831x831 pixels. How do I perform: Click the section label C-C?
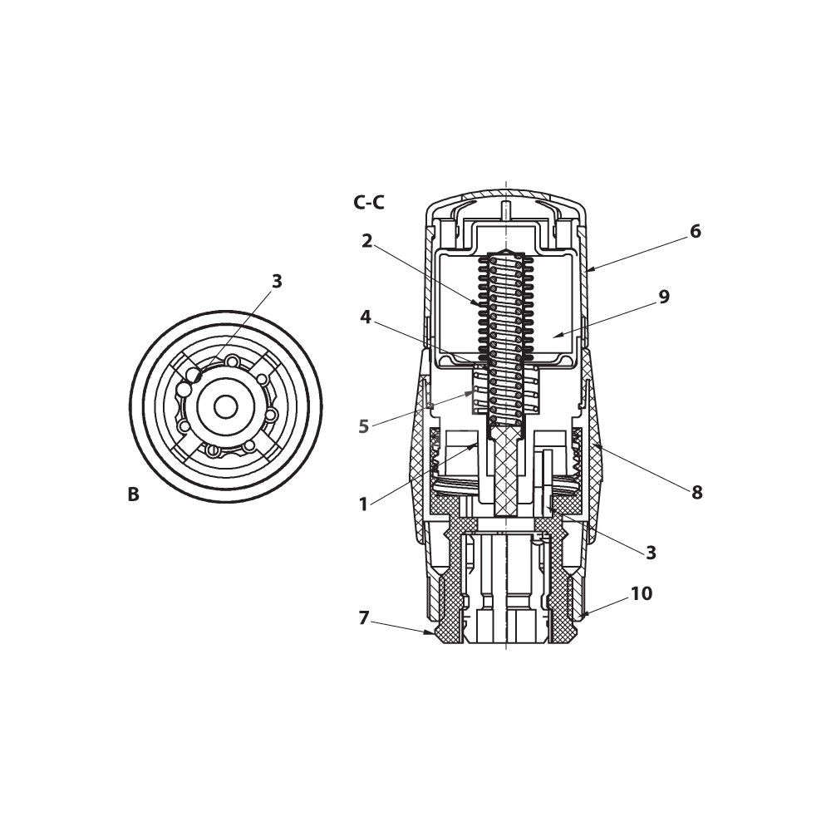369,203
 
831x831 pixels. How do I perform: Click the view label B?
134,494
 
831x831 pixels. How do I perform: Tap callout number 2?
367,241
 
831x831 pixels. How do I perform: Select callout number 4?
366,317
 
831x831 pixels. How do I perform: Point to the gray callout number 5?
364,426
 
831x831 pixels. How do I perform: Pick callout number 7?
364,618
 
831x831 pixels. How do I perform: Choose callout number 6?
696,232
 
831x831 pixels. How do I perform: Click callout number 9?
664,297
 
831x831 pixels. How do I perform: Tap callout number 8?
697,492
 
